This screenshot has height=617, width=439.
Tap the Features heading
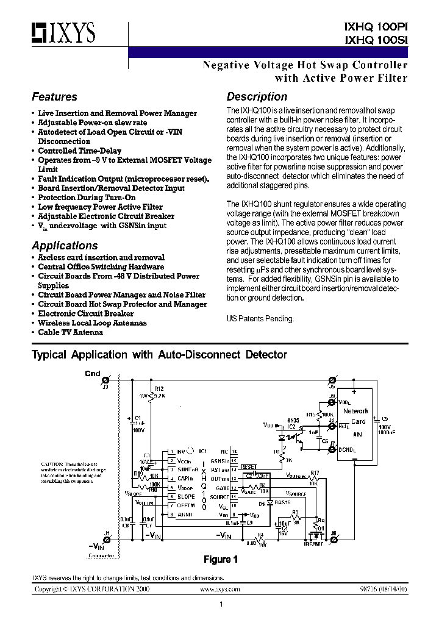click(x=54, y=97)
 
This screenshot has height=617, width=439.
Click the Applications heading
click(x=65, y=246)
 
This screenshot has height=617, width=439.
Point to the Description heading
click(x=257, y=97)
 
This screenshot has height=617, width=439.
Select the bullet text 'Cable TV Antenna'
click(x=70, y=332)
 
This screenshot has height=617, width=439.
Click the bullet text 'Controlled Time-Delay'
click(x=79, y=151)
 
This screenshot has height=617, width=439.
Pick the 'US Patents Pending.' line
click(x=260, y=318)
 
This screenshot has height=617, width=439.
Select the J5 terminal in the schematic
click(x=332, y=379)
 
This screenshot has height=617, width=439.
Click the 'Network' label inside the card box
click(x=356, y=411)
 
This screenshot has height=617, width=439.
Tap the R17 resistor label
click(x=315, y=473)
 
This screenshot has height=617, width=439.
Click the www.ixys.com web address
click(x=220, y=590)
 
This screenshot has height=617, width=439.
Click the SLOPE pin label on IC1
click(x=187, y=497)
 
